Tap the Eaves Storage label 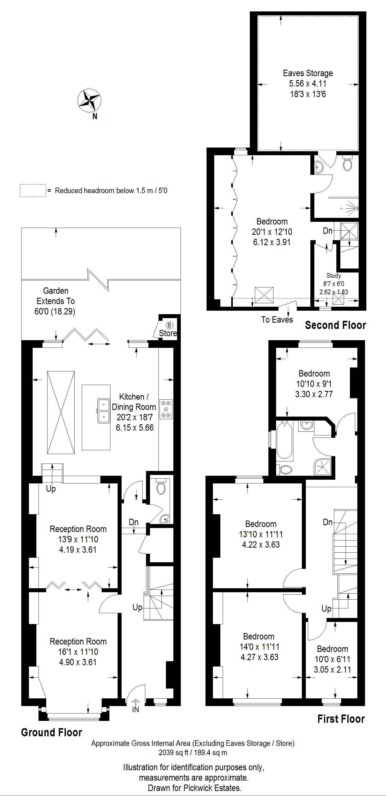click(308, 73)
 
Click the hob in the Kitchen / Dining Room click(166, 409)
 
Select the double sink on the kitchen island click(104, 411)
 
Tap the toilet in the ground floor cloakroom click(161, 487)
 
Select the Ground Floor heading click(52, 732)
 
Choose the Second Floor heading click(335, 325)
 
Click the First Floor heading click(341, 719)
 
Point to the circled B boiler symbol click(169, 325)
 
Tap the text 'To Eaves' click(277, 319)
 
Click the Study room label click(334, 275)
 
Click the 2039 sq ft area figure click(173, 752)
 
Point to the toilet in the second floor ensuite click(348, 163)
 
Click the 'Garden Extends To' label click(56, 296)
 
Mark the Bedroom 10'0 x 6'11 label click(333, 659)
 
